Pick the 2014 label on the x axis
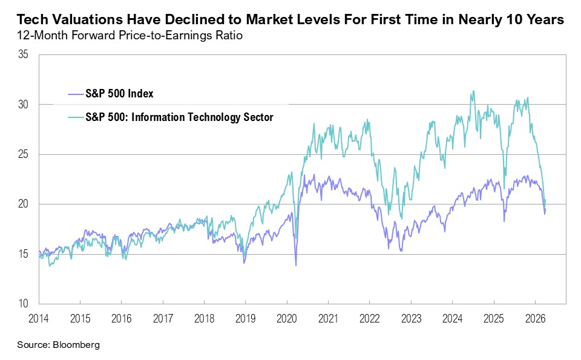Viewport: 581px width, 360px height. (x=39, y=317)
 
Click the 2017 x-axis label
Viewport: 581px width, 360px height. (x=163, y=317)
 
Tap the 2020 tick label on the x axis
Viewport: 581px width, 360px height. (x=287, y=317)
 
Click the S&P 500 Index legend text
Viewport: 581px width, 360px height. (x=120, y=94)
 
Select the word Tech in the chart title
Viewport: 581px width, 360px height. (x=26, y=21)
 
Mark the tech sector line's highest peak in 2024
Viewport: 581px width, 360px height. (x=472, y=91)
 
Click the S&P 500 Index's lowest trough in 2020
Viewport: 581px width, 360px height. (x=296, y=265)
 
